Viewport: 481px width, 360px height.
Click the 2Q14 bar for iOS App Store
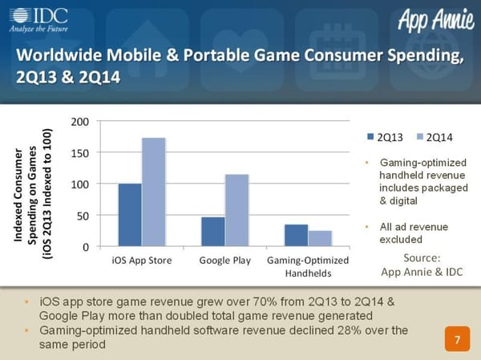(x=154, y=192)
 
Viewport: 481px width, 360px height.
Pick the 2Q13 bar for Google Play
(x=212, y=232)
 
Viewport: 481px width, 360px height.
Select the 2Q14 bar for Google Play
(x=237, y=210)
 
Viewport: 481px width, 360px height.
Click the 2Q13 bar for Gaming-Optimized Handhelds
(x=296, y=236)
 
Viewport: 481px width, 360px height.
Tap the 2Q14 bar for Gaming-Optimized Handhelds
(x=320, y=239)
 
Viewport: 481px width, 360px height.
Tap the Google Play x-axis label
(x=225, y=261)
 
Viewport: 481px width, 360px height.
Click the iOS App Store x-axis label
(x=142, y=261)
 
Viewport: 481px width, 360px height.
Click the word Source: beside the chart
(x=422, y=257)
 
